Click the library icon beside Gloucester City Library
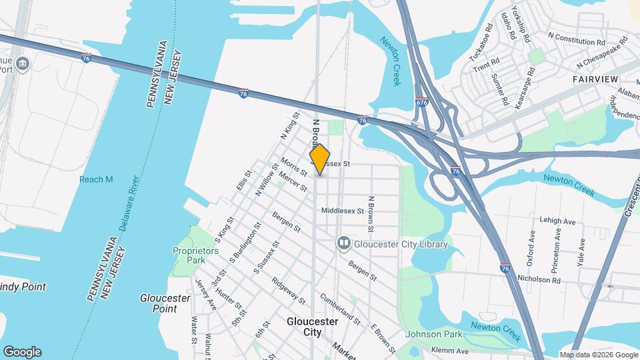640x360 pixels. click(x=344, y=243)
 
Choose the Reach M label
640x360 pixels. click(x=96, y=179)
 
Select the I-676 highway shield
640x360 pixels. click(x=421, y=103)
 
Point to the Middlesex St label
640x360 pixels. click(x=342, y=211)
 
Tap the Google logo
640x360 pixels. click(x=22, y=352)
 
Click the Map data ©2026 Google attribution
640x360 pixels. click(x=599, y=355)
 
